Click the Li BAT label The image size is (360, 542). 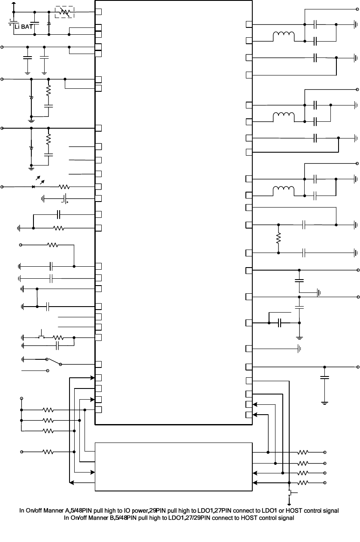click(x=24, y=26)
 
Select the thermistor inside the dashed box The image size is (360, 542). click(x=64, y=12)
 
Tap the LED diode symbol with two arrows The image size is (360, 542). click(x=34, y=187)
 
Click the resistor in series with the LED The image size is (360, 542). click(x=64, y=187)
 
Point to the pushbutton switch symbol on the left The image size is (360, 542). click(x=42, y=335)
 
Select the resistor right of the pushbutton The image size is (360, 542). click(x=58, y=337)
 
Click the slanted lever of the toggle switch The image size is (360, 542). click(x=53, y=361)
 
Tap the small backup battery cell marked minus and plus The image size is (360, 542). click(x=64, y=198)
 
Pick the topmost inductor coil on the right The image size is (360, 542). click(x=284, y=36)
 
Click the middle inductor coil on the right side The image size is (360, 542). click(x=284, y=116)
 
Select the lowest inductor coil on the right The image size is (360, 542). click(x=284, y=190)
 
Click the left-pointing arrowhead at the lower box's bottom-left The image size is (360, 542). click(x=72, y=483)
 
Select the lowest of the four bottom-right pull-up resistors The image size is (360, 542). click(x=303, y=483)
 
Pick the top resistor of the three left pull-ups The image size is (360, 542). click(x=48, y=410)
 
